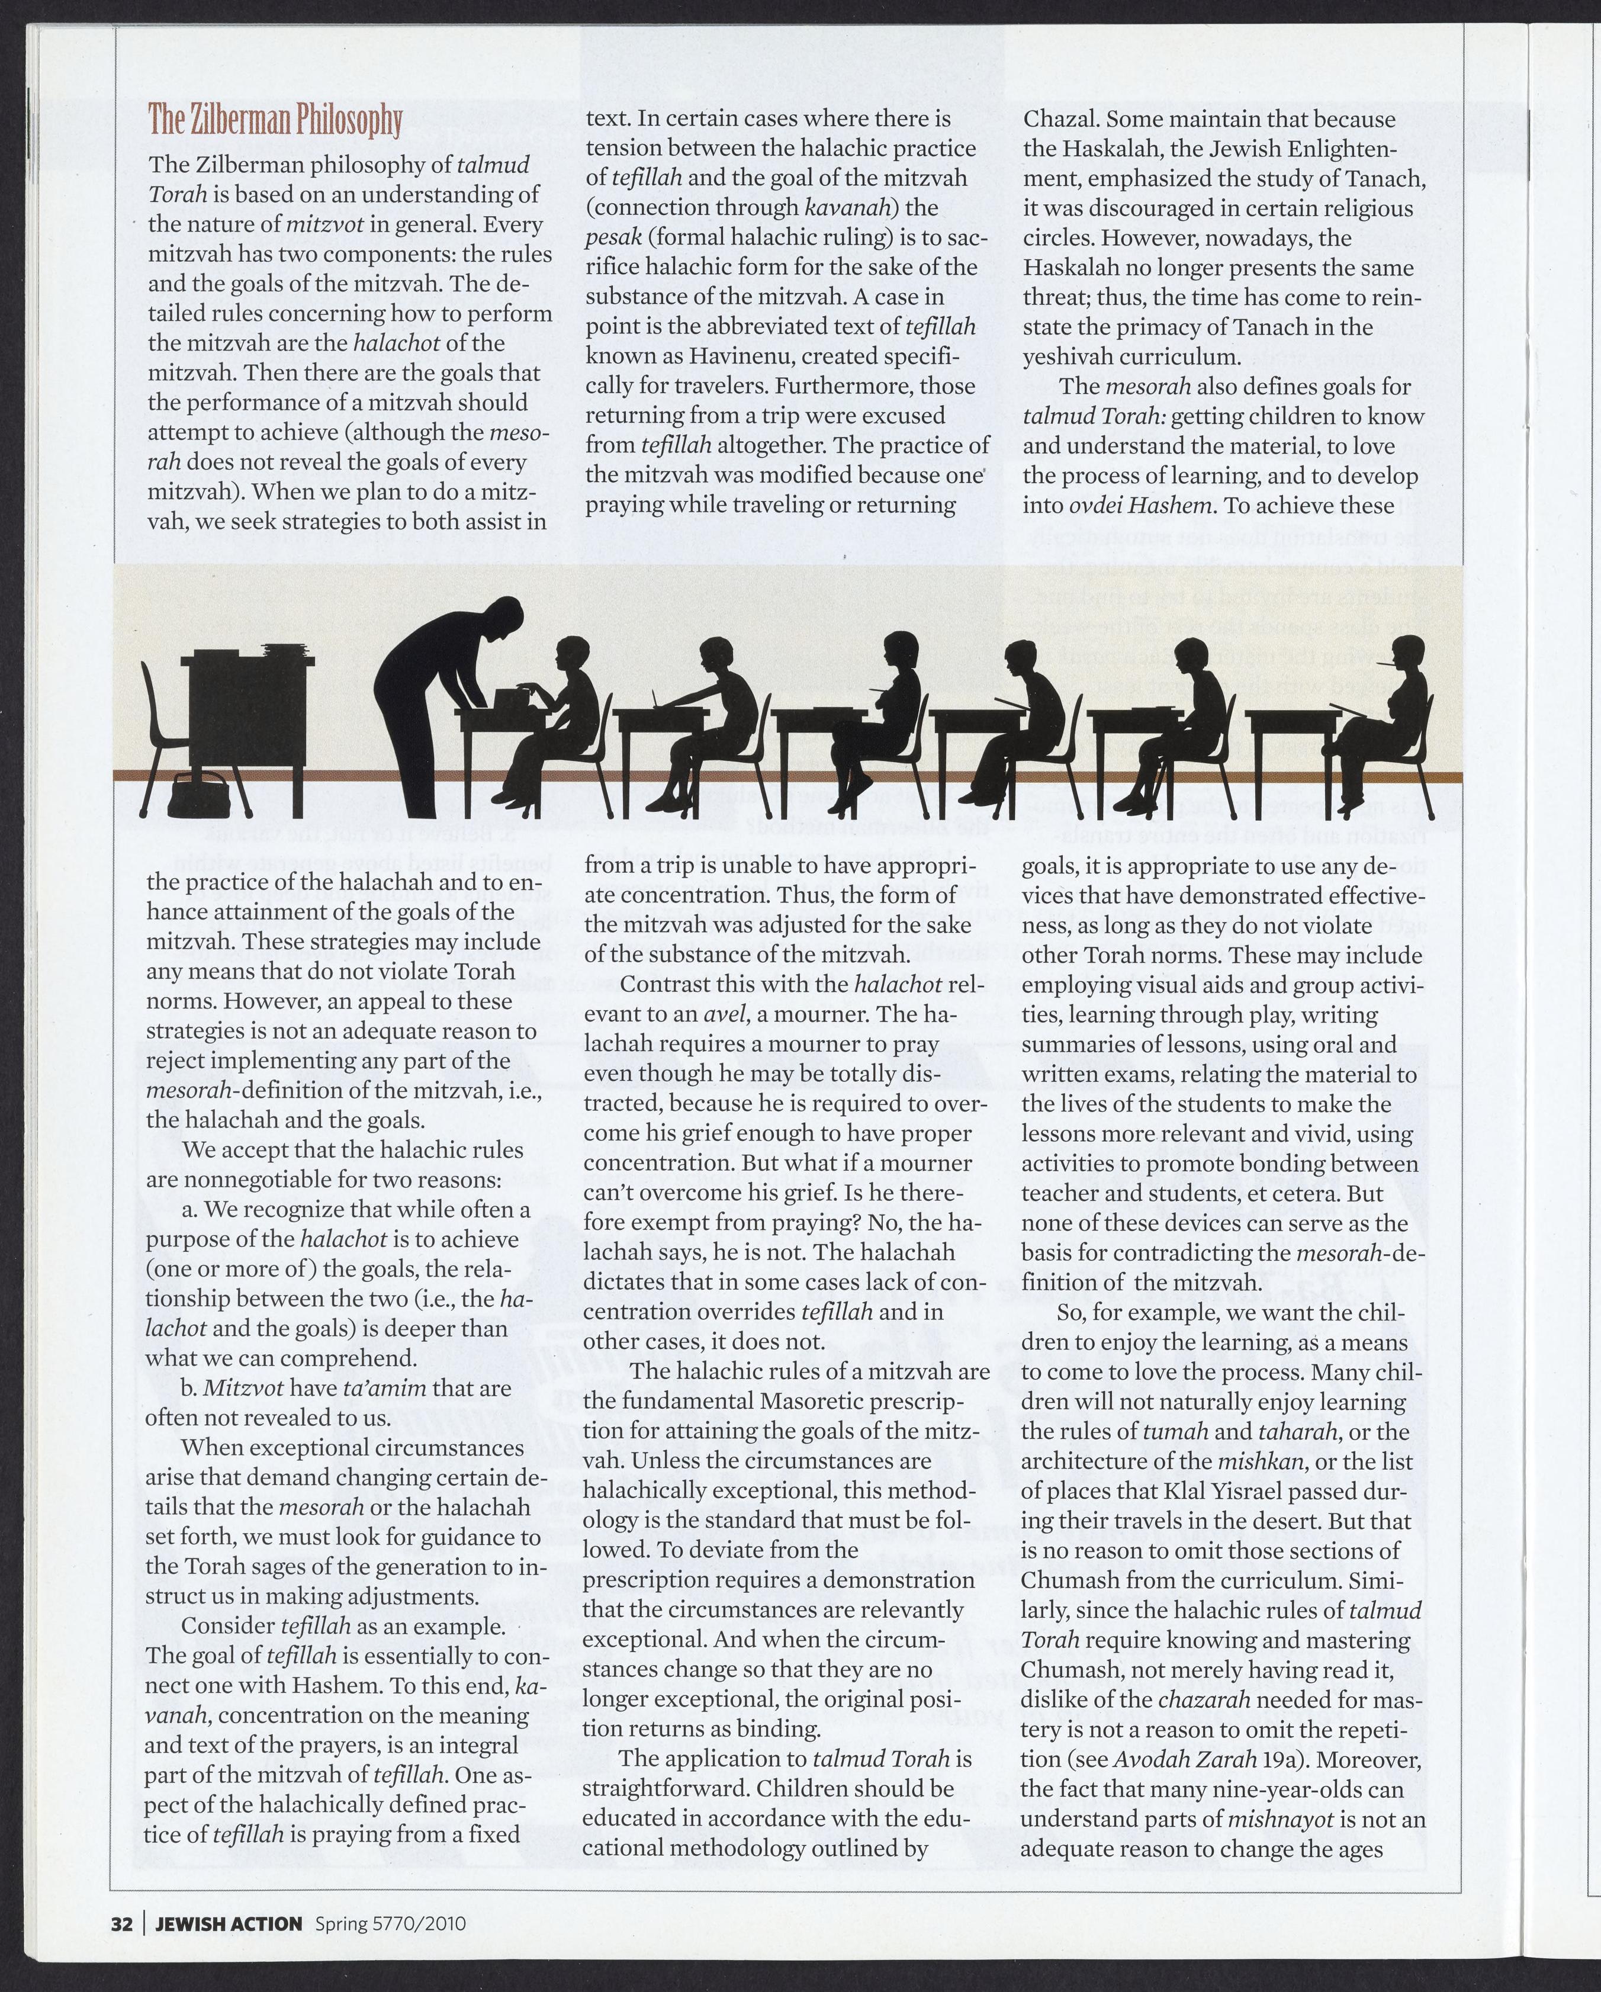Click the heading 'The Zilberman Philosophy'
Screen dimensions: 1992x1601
click(x=275, y=120)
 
